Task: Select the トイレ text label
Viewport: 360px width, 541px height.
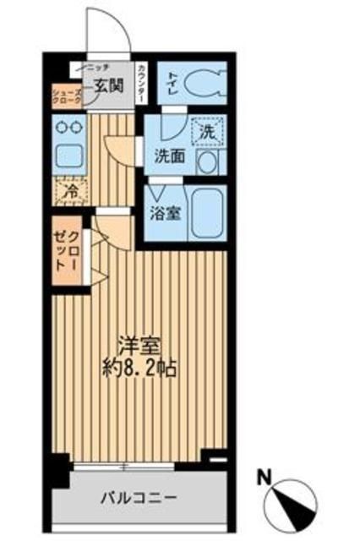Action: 171,83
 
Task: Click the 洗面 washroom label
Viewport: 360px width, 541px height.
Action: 168,156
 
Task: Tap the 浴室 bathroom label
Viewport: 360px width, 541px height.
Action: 165,212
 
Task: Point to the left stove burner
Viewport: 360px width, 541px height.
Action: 62,127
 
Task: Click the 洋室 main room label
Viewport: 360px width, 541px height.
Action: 139,347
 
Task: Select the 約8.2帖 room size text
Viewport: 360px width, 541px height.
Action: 139,369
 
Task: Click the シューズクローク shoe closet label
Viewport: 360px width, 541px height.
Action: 67,96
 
